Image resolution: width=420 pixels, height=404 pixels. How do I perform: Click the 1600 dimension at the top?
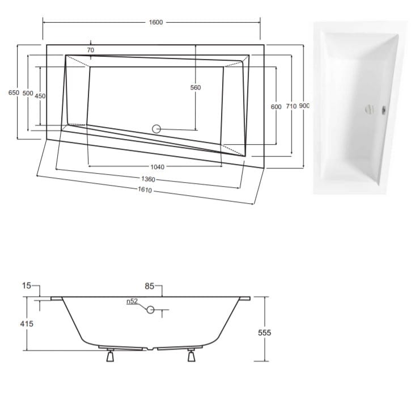pyautogui.click(x=156, y=22)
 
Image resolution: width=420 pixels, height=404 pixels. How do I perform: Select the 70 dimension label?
pyautogui.click(x=91, y=50)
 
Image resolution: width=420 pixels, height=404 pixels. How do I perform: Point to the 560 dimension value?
pyautogui.click(x=196, y=87)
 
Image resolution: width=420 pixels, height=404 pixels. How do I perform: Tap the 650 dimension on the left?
pyautogui.click(x=14, y=92)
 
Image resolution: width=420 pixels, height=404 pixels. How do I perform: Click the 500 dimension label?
pyautogui.click(x=28, y=93)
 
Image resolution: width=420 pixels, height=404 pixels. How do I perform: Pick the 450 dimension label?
pyautogui.click(x=40, y=96)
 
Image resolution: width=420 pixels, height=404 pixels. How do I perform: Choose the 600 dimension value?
pyautogui.click(x=276, y=107)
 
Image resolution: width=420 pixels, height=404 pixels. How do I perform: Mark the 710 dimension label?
pyautogui.click(x=291, y=107)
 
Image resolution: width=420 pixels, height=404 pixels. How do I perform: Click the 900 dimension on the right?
pyautogui.click(x=304, y=106)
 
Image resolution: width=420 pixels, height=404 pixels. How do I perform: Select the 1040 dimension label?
pyautogui.click(x=157, y=167)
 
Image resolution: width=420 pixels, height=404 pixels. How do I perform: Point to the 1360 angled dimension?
pyautogui.click(x=148, y=179)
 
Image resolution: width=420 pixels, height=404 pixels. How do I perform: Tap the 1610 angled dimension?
pyautogui.click(x=145, y=190)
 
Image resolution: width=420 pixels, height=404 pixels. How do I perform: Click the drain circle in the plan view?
pyautogui.click(x=156, y=129)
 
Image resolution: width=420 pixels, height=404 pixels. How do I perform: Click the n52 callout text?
pyautogui.click(x=132, y=301)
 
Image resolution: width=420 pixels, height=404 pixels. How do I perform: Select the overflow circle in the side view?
pyautogui.click(x=150, y=310)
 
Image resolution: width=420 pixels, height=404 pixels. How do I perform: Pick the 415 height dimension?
pyautogui.click(x=27, y=324)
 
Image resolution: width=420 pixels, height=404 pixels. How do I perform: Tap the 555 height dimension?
pyautogui.click(x=265, y=333)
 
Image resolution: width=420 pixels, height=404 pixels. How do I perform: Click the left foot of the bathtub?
pyautogui.click(x=110, y=355)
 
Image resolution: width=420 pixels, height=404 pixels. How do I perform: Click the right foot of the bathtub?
pyautogui.click(x=191, y=355)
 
